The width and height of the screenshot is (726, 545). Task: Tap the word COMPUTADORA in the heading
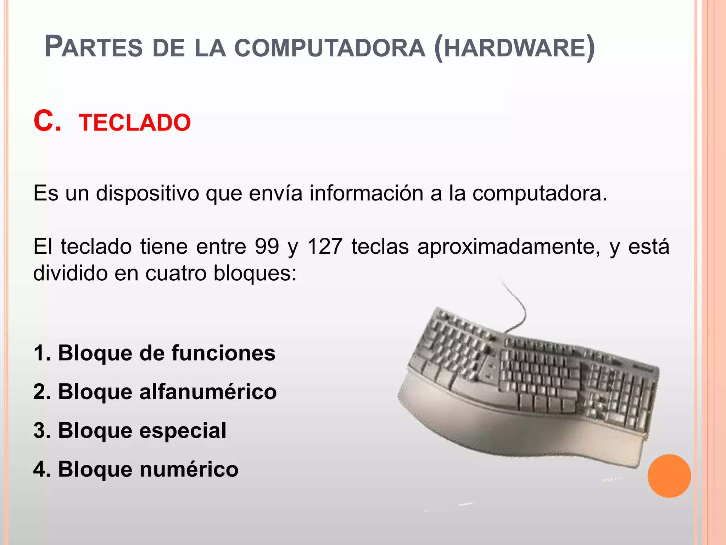[x=330, y=48]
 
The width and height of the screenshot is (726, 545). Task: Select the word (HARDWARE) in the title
[x=514, y=48]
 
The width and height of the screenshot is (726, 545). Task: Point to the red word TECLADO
[x=135, y=123]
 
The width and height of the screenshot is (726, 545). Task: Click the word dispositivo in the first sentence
[x=147, y=194]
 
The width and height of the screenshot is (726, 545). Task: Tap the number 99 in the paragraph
[x=267, y=246]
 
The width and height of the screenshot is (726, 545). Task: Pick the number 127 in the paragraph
[x=325, y=246]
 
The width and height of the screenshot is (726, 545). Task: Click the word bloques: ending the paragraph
[x=255, y=273]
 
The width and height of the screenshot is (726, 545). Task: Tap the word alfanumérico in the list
[x=208, y=392]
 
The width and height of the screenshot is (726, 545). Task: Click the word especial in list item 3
[x=183, y=431]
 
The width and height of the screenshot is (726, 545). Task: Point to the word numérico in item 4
[x=189, y=469]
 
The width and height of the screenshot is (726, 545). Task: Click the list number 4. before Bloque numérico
[x=42, y=469]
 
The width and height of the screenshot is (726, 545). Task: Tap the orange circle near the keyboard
[x=669, y=476]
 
